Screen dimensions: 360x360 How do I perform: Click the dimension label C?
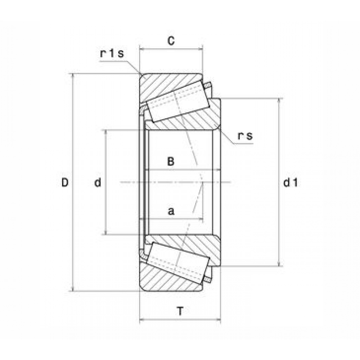pos(171,41)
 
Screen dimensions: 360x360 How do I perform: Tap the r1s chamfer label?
pos(112,54)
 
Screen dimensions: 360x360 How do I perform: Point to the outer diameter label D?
pos(65,183)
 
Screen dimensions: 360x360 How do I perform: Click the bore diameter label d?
pos(98,183)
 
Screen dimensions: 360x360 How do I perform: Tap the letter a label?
pos(171,211)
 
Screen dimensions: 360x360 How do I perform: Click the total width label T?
pos(180,310)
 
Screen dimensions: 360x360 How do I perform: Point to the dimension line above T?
pos(180,320)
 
